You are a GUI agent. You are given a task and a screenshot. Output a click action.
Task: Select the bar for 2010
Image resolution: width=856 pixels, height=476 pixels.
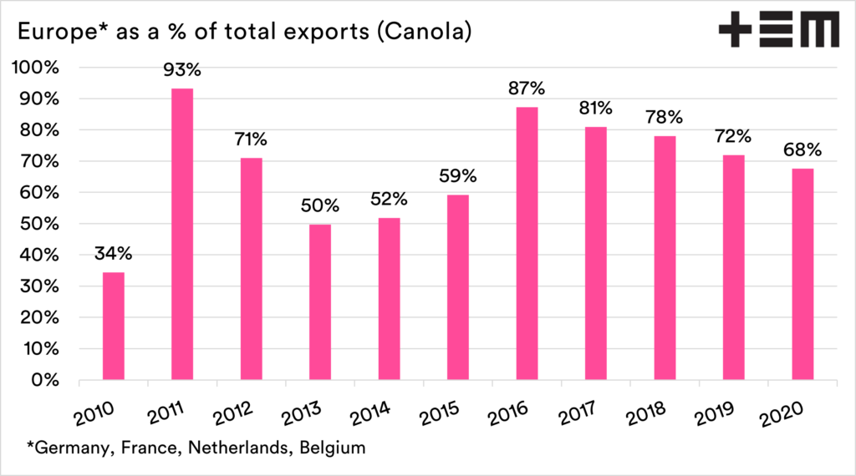[x=113, y=326]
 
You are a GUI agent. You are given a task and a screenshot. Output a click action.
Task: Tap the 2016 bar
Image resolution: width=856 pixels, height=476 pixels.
[x=527, y=243]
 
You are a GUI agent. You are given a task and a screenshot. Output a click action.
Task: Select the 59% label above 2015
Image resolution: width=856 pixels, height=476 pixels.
[x=458, y=177]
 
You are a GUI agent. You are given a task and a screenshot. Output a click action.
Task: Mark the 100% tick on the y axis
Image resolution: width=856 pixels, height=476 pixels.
[x=36, y=68]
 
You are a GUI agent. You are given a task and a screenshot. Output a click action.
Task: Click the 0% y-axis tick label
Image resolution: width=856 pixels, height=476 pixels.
[x=45, y=380]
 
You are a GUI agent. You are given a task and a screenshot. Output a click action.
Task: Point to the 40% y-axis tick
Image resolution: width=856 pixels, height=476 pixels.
[x=40, y=256]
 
